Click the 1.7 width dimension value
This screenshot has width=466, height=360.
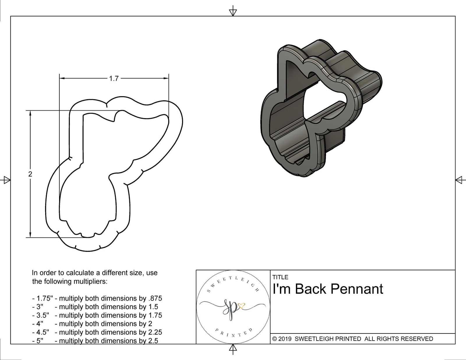(114, 79)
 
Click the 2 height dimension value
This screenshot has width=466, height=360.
(30, 174)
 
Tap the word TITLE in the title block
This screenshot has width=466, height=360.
(280, 277)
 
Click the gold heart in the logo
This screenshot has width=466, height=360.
(241, 306)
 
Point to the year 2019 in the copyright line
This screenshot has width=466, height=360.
(285, 339)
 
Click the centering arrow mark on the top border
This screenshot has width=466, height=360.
(233, 12)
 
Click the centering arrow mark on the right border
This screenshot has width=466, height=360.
(459, 180)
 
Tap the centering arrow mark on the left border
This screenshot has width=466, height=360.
(6, 180)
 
